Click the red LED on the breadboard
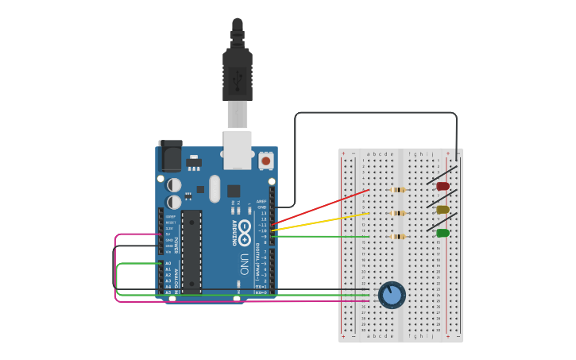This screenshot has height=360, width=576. [x=443, y=186]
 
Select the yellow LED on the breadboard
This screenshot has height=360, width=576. [x=443, y=210]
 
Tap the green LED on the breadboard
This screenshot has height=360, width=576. [x=443, y=233]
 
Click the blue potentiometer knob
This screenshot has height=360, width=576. [x=391, y=296]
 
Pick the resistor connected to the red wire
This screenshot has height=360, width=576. [x=398, y=190]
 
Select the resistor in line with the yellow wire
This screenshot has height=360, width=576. [x=398, y=213]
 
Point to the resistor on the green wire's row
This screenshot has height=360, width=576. [x=398, y=236]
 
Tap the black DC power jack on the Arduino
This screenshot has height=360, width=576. [x=170, y=157]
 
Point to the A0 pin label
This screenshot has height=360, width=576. [x=168, y=263]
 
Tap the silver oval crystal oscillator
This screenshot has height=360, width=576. [x=214, y=189]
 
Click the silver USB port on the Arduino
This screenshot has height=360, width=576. [x=238, y=150]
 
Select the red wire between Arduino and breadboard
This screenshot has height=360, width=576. [x=322, y=207]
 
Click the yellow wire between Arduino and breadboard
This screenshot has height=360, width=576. [x=322, y=222]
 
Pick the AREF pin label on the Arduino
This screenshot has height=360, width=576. [x=263, y=201]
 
